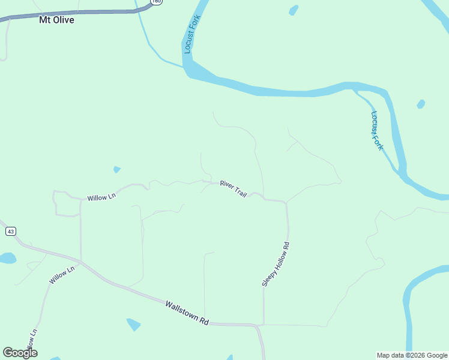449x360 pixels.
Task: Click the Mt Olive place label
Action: pyautogui.click(x=56, y=20)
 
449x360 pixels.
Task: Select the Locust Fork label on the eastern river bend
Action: pyautogui.click(x=376, y=130)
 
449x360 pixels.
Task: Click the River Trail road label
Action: pyautogui.click(x=234, y=188)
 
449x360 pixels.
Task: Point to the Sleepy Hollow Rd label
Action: pyautogui.click(x=276, y=264)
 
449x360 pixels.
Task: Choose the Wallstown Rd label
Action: pyautogui.click(x=187, y=313)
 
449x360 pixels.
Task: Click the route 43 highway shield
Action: pyautogui.click(x=11, y=231)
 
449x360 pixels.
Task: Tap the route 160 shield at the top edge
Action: pyautogui.click(x=156, y=2)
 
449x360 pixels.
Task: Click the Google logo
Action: pyautogui.click(x=20, y=353)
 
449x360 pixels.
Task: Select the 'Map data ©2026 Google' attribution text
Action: pyautogui.click(x=412, y=355)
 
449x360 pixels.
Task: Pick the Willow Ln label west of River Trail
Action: pyautogui.click(x=101, y=196)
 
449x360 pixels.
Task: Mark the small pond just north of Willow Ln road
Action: pyautogui.click(x=116, y=170)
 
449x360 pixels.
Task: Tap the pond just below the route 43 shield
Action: pyautogui.click(x=7, y=258)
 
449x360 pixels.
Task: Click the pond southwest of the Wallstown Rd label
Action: pyautogui.click(x=133, y=325)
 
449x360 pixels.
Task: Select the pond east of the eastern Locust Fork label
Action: pyautogui.click(x=421, y=104)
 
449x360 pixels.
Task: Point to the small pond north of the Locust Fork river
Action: pyautogui.click(x=294, y=10)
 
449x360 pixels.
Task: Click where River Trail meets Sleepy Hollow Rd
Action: pyautogui.click(x=286, y=203)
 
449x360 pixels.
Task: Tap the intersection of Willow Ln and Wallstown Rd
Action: pyautogui.click(x=80, y=262)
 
